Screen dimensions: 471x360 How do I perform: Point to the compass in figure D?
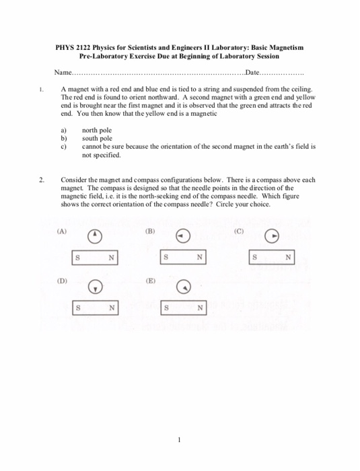coord(96,286)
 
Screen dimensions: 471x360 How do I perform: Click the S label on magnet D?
coord(78,308)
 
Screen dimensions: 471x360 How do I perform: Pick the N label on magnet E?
coord(199,308)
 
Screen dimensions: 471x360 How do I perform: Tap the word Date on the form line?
coord(255,72)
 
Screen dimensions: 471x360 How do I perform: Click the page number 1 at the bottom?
coord(180,441)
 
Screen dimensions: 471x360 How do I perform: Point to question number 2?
coord(42,180)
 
